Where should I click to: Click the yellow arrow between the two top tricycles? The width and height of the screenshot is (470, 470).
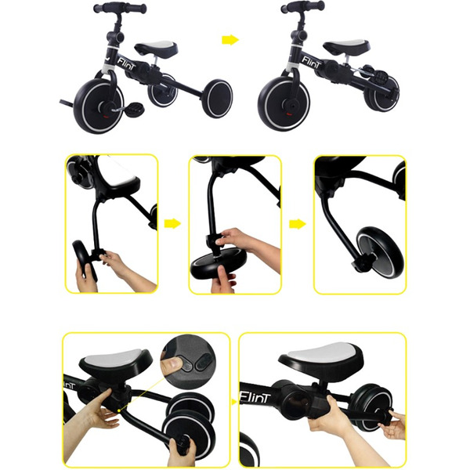[x=230, y=40]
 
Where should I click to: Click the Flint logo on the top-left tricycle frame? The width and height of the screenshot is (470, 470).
[x=126, y=63]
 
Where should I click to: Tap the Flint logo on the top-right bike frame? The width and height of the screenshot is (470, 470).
[x=312, y=62]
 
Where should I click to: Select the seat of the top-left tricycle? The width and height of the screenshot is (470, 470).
[x=156, y=48]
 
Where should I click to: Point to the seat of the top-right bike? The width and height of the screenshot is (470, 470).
[x=346, y=46]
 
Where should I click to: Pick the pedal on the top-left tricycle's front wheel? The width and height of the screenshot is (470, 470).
[x=135, y=108]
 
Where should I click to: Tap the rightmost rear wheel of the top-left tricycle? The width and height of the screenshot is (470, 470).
[x=217, y=99]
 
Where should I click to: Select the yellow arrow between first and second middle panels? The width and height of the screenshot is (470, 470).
[x=172, y=223]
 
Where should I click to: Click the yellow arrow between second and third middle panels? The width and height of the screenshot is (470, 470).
[x=298, y=223]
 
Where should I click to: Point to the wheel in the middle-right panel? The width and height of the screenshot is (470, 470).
[x=381, y=251]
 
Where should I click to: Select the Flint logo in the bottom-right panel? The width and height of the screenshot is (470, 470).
[x=255, y=398]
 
